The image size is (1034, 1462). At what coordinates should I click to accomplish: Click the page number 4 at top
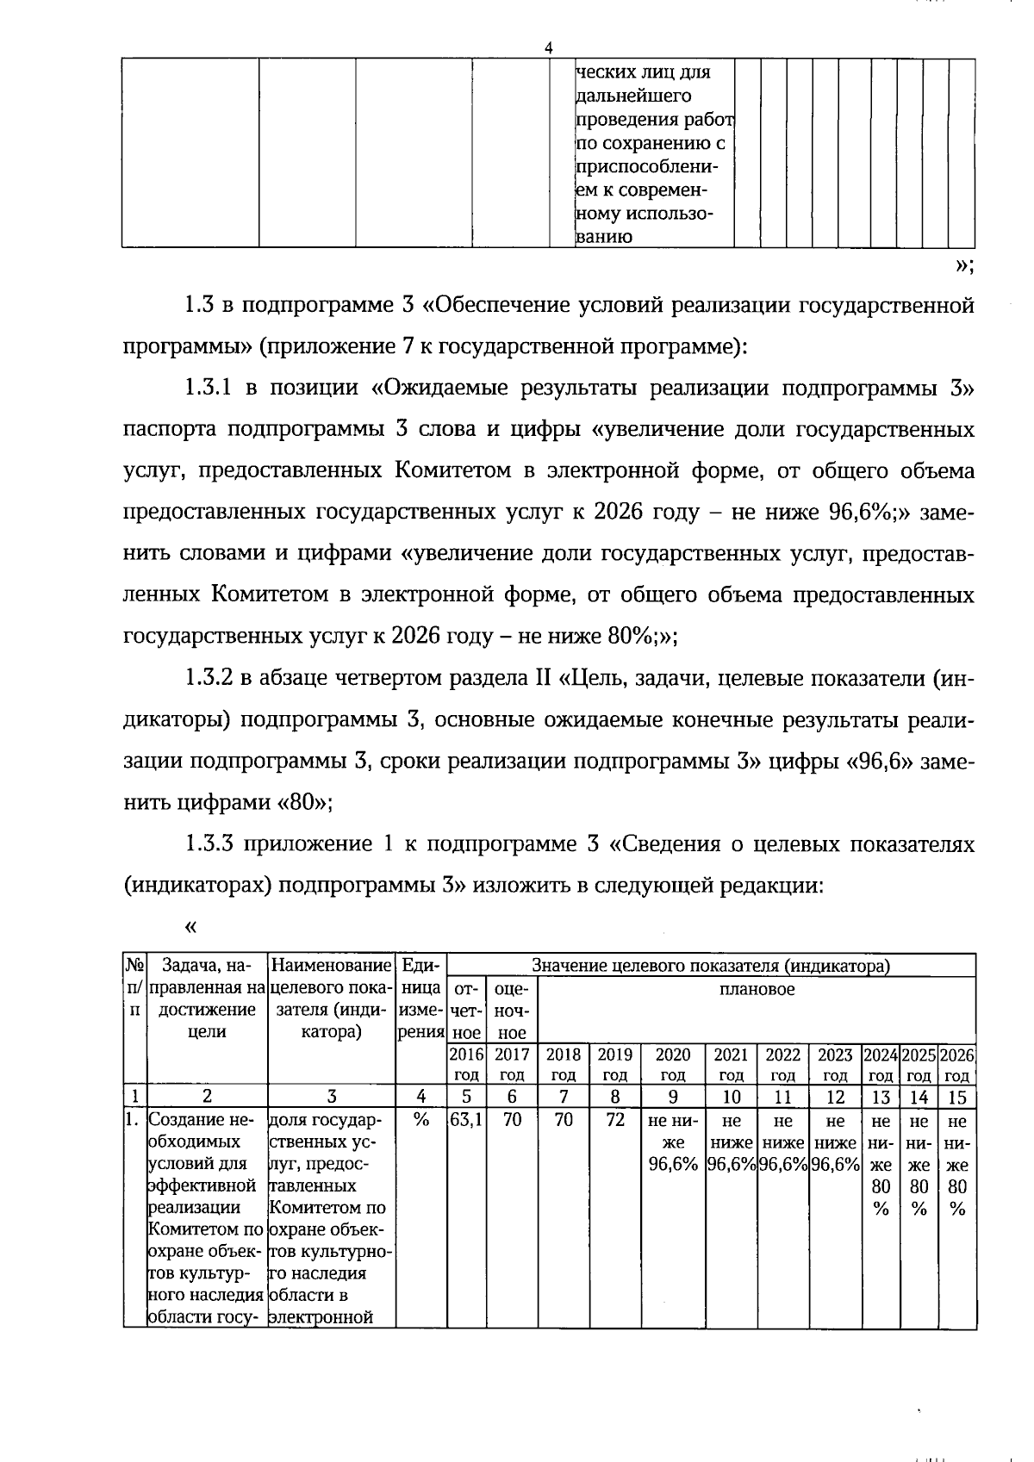pos(548,48)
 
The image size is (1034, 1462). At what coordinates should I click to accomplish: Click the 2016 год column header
pos(466,1065)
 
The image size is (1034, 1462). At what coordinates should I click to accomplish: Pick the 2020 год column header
pos(673,1065)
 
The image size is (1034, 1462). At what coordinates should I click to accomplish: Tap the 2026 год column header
pos(957,1065)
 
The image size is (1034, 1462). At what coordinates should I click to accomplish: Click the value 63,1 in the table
pos(466,1122)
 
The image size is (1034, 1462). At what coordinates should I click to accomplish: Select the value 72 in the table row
pos(615,1122)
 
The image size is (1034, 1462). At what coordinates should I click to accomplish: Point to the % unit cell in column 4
pos(420,1122)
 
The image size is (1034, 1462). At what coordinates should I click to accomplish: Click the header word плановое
pos(757,989)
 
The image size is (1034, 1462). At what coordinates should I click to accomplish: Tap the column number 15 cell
pos(957,1098)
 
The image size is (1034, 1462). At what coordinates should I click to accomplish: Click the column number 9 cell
pos(673,1098)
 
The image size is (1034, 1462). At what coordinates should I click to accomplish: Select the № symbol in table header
pos(134,967)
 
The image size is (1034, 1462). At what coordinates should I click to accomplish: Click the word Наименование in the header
pos(331,967)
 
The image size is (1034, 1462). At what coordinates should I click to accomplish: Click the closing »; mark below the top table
pos(964,267)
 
